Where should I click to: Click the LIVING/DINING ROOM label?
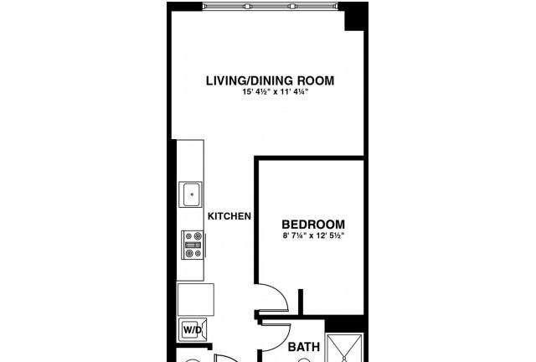point(270,80)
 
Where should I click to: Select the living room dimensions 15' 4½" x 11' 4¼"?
point(276,91)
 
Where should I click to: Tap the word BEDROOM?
point(313,225)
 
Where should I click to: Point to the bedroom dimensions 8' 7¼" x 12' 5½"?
point(313,235)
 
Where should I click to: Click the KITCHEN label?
point(229,216)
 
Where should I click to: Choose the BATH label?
point(304,347)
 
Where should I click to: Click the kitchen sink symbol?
point(191,194)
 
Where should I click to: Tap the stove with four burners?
point(193,245)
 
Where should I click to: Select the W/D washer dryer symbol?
point(193,330)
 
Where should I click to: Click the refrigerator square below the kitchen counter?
point(195,300)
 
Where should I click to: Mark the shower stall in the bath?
point(344,348)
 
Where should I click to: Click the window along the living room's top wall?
point(270,6)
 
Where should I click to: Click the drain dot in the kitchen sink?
point(192,194)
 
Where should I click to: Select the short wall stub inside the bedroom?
point(301,302)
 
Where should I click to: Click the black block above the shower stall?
point(344,323)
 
